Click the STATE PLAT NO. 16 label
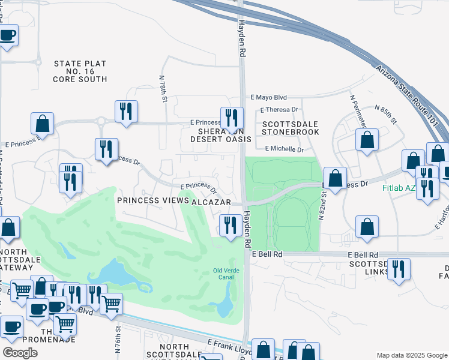[x=80, y=71]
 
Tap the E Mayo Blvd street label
[x=269, y=97]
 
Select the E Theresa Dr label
[x=279, y=110]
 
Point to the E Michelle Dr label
[x=285, y=149]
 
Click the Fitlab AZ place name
[x=399, y=187]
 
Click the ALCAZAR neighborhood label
[x=211, y=203]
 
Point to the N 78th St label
[x=163, y=88]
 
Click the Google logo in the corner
[x=20, y=353]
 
